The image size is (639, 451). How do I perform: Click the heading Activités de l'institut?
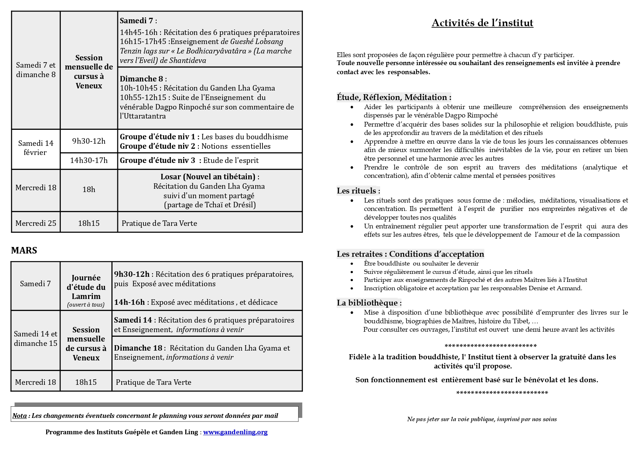click(x=482, y=23)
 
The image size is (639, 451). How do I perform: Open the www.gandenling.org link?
click(x=235, y=432)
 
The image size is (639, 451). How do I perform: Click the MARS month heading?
click(x=24, y=250)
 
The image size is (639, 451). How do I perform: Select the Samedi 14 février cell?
click(x=36, y=148)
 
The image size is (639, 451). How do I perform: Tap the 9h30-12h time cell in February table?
click(x=89, y=141)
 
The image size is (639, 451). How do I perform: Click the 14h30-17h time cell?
click(x=89, y=160)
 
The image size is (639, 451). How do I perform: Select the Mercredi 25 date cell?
click(x=36, y=223)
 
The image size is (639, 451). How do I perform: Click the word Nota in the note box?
click(x=20, y=416)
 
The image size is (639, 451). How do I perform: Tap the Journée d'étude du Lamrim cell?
click(x=86, y=287)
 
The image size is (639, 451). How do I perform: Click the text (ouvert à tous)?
click(x=86, y=305)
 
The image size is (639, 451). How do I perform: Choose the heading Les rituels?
click(x=358, y=191)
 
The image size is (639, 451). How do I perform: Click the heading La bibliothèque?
click(x=369, y=303)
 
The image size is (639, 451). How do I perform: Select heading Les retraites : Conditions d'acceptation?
click(x=410, y=254)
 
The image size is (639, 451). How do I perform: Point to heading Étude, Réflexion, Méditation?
click(x=394, y=97)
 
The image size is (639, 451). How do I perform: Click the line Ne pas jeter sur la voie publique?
click(x=482, y=419)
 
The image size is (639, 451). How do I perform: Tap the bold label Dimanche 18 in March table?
click(x=138, y=348)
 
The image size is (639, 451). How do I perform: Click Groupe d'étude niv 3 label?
click(x=158, y=160)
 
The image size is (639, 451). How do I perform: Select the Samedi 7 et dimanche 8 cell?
click(x=36, y=70)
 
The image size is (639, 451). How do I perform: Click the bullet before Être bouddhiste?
click(x=352, y=264)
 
